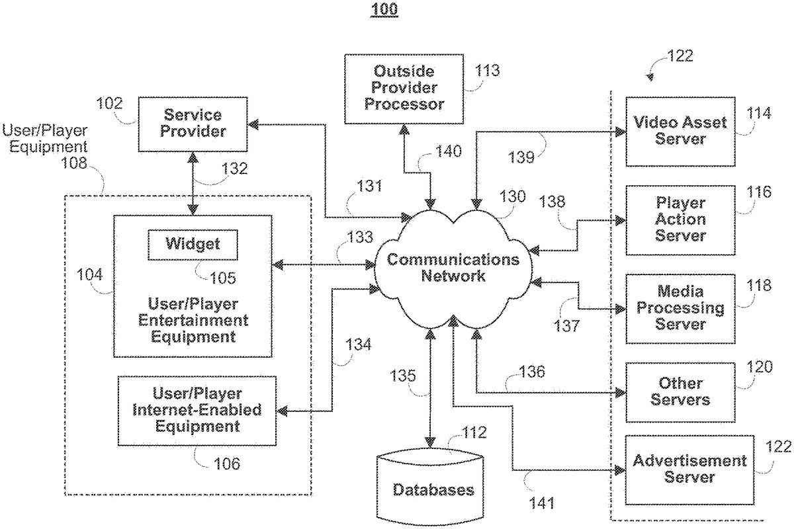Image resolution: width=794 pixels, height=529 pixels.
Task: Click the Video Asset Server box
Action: click(x=680, y=131)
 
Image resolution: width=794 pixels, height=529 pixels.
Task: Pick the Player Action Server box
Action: click(x=680, y=220)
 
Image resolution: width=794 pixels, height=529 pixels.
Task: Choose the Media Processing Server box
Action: click(x=680, y=308)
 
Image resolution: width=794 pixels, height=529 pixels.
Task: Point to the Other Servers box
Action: click(x=680, y=391)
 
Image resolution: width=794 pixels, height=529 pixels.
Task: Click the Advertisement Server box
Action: click(x=680, y=468)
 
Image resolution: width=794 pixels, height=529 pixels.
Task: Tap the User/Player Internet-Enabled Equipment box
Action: click(x=197, y=410)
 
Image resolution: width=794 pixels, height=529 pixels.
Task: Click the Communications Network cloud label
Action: click(x=453, y=267)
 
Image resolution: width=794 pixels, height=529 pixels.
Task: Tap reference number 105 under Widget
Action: click(x=222, y=278)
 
